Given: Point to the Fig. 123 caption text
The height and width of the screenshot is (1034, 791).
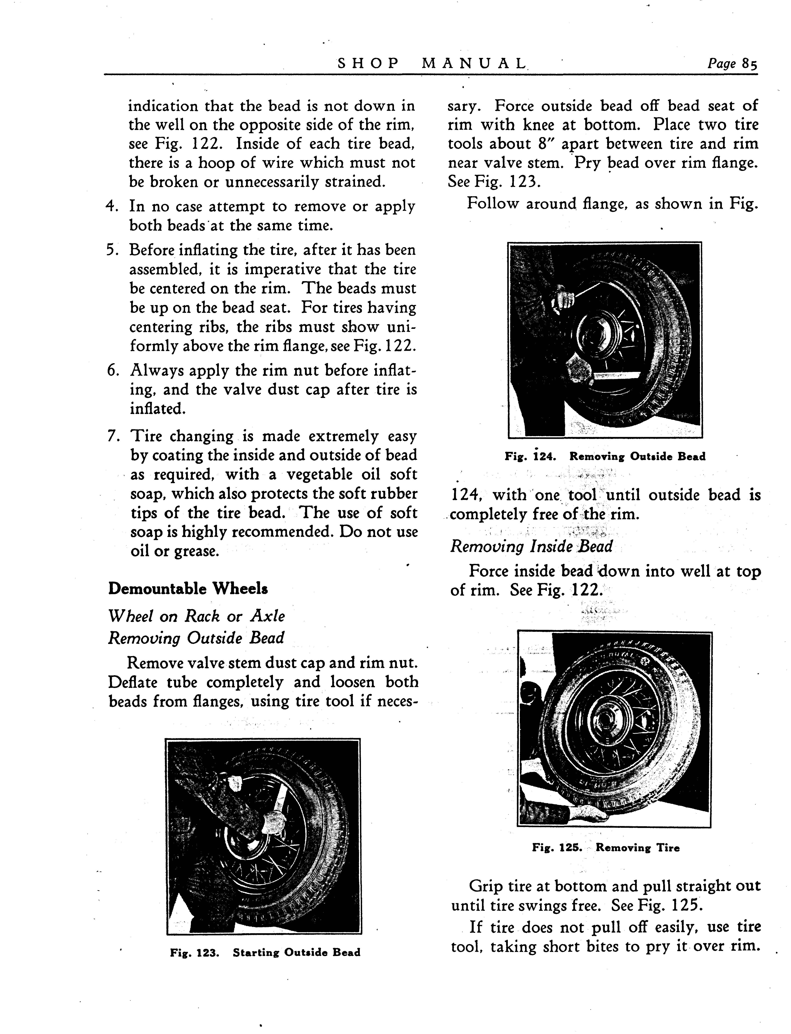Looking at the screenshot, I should (265, 953).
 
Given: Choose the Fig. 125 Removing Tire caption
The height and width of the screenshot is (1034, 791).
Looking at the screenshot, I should (606, 847).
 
